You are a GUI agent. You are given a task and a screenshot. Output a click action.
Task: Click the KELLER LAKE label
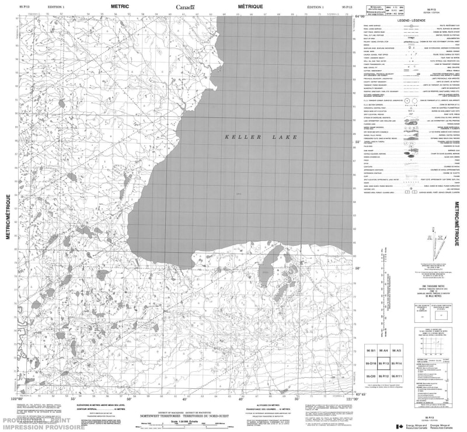[261, 137]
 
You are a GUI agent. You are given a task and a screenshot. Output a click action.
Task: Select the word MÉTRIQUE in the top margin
[250, 6]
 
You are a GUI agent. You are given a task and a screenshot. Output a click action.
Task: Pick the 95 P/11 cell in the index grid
[397, 377]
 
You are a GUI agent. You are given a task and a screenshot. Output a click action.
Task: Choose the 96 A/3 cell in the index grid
[397, 350]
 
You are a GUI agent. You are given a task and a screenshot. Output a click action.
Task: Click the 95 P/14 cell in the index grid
[397, 363]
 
